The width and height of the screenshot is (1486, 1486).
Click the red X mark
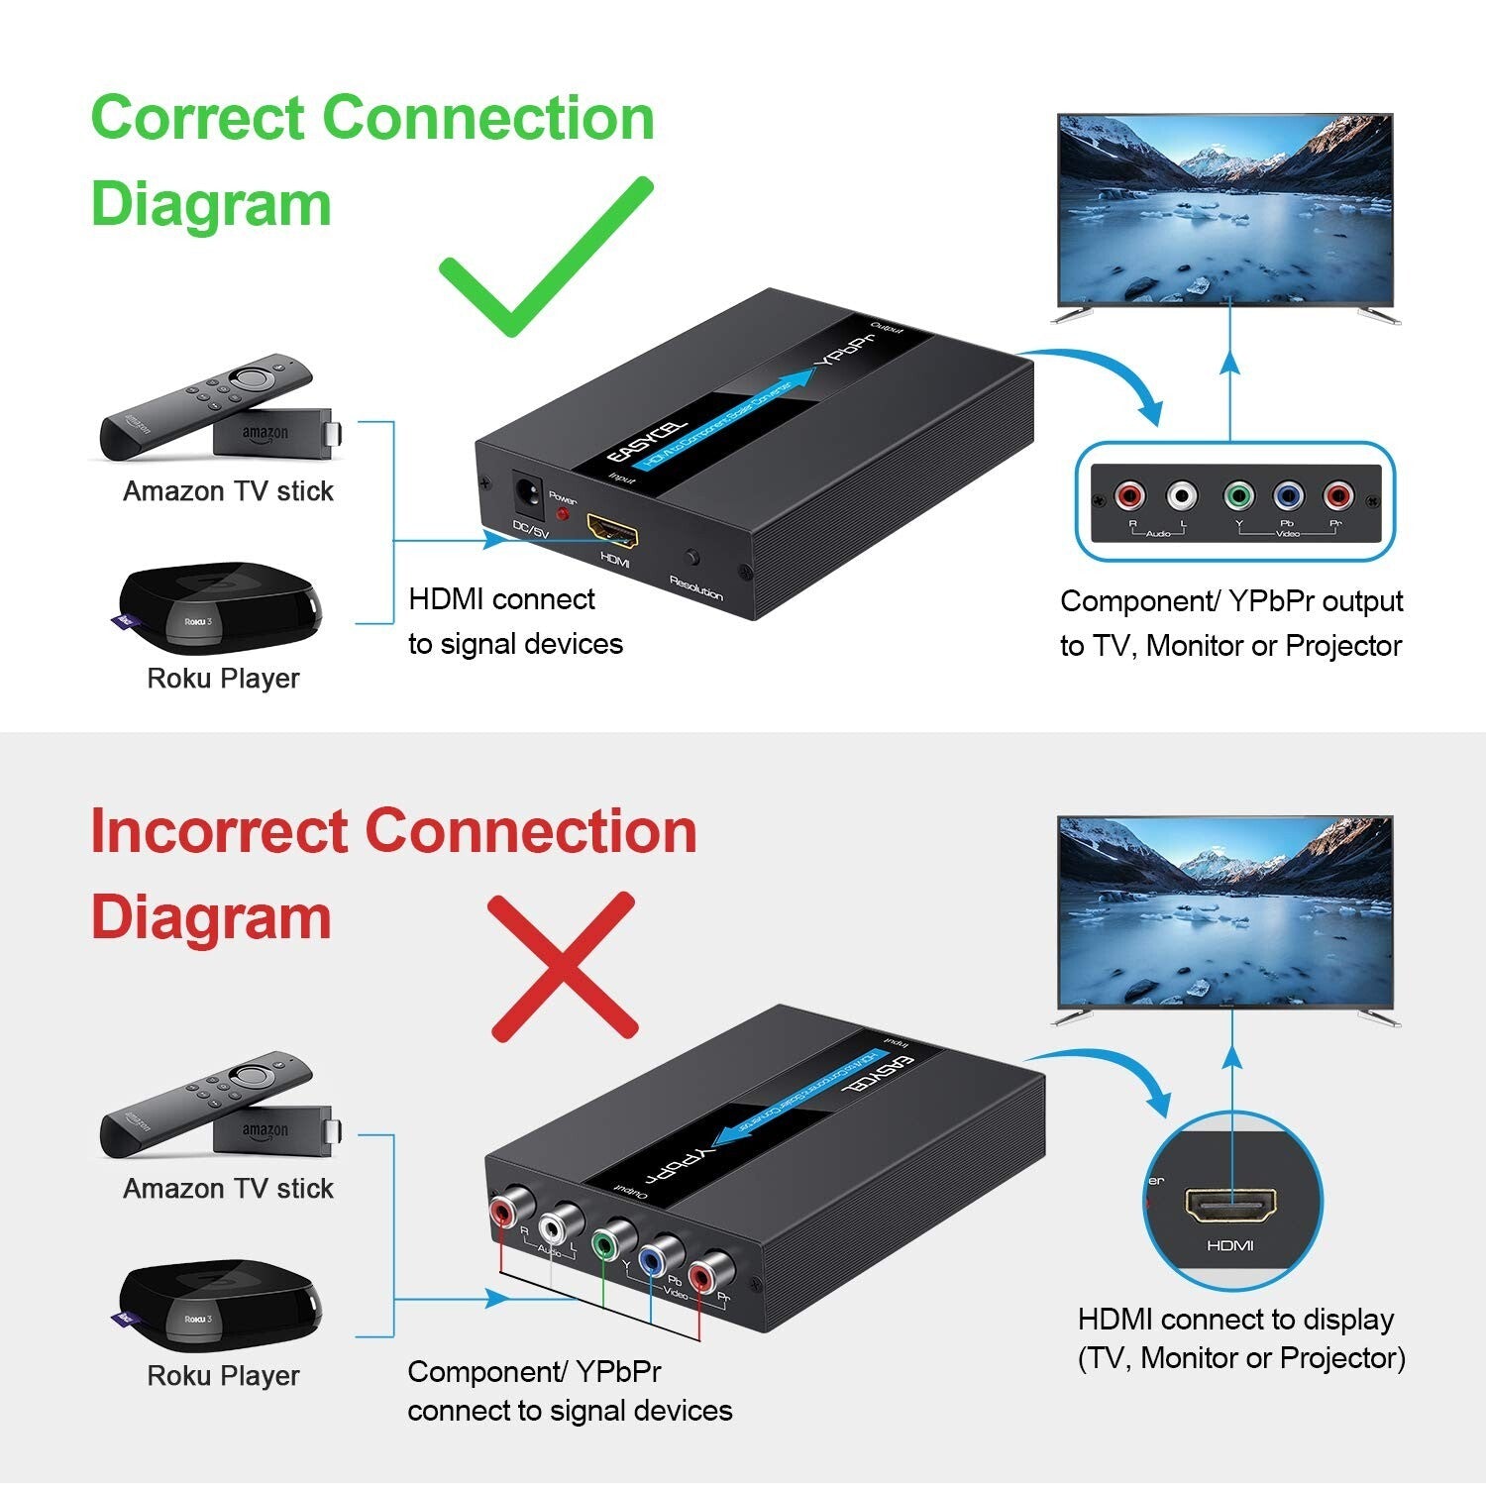coord(564,965)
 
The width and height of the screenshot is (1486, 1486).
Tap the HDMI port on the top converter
coord(612,531)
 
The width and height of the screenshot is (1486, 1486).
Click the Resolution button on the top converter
coord(692,559)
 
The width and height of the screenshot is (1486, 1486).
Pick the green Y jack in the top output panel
coord(1237,495)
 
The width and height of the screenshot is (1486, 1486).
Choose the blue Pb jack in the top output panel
coord(1287,495)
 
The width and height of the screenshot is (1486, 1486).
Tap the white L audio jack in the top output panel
coord(1181,495)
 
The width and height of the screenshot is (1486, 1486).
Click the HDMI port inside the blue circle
coord(1230,1206)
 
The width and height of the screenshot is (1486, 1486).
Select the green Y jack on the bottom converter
coord(604,1242)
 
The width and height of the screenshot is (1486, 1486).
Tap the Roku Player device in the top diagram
coord(220,609)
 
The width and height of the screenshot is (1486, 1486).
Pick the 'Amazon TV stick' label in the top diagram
coord(228,491)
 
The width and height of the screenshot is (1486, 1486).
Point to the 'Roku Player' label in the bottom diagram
coord(223,1375)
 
